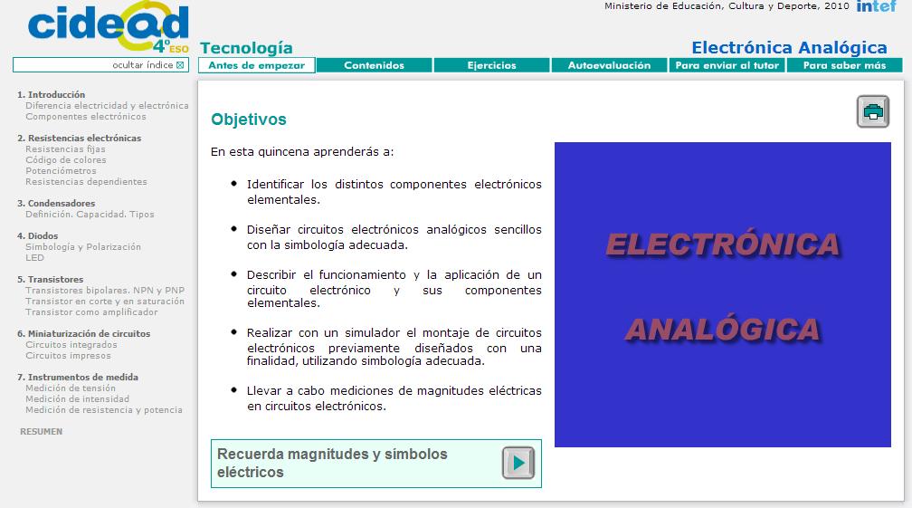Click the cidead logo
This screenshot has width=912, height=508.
point(109,28)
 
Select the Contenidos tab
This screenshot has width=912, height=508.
point(375,65)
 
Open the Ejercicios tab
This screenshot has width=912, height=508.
point(492,65)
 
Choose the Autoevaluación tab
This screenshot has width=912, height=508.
point(609,65)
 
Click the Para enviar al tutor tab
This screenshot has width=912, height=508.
point(727,65)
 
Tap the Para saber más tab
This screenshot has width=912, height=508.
point(844,65)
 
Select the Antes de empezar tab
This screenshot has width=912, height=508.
point(257,65)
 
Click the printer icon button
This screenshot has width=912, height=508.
point(873,111)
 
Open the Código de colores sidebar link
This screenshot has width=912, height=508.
point(66,160)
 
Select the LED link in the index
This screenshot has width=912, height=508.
point(34,258)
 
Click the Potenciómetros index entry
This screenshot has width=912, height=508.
point(61,171)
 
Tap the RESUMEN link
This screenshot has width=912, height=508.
point(41,432)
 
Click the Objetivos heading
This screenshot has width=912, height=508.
point(249,120)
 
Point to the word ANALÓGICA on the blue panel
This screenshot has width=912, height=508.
point(722,328)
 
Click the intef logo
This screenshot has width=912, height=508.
point(876,6)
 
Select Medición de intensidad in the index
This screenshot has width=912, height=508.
point(77,399)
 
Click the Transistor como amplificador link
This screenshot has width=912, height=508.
point(91,312)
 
